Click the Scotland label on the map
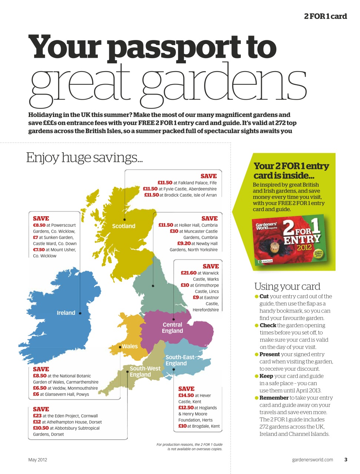click(124, 226)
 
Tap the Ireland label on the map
click(66, 313)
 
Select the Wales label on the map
click(130, 347)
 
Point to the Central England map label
click(172, 328)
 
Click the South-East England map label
click(180, 360)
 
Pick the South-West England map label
click(145, 371)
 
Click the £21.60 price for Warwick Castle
click(189, 273)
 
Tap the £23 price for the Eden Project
click(37, 416)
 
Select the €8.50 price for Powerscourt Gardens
click(39, 225)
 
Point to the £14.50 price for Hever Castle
click(186, 395)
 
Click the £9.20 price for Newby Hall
click(184, 244)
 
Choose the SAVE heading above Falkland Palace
click(209, 176)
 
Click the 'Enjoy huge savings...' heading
click(84, 158)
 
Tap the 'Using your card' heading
click(287, 286)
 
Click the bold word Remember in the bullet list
click(274, 398)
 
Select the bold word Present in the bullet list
click(269, 354)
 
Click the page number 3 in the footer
click(346, 460)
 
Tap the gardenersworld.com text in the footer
click(312, 460)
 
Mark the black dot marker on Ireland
click(80, 313)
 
